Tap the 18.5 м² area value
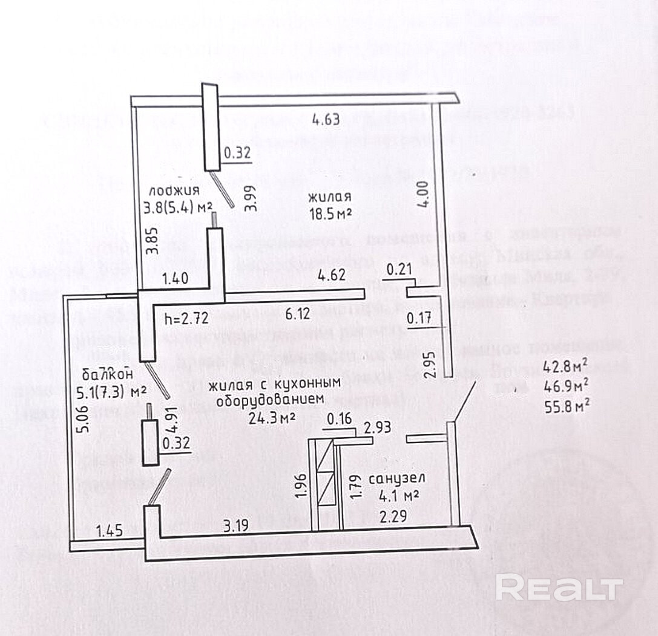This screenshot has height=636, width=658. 330,214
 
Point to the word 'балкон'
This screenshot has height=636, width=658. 109,372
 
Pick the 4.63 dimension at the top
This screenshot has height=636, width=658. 325,119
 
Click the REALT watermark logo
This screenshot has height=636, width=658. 559,588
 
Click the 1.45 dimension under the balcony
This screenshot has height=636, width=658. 110,531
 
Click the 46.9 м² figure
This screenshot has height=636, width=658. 566,385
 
